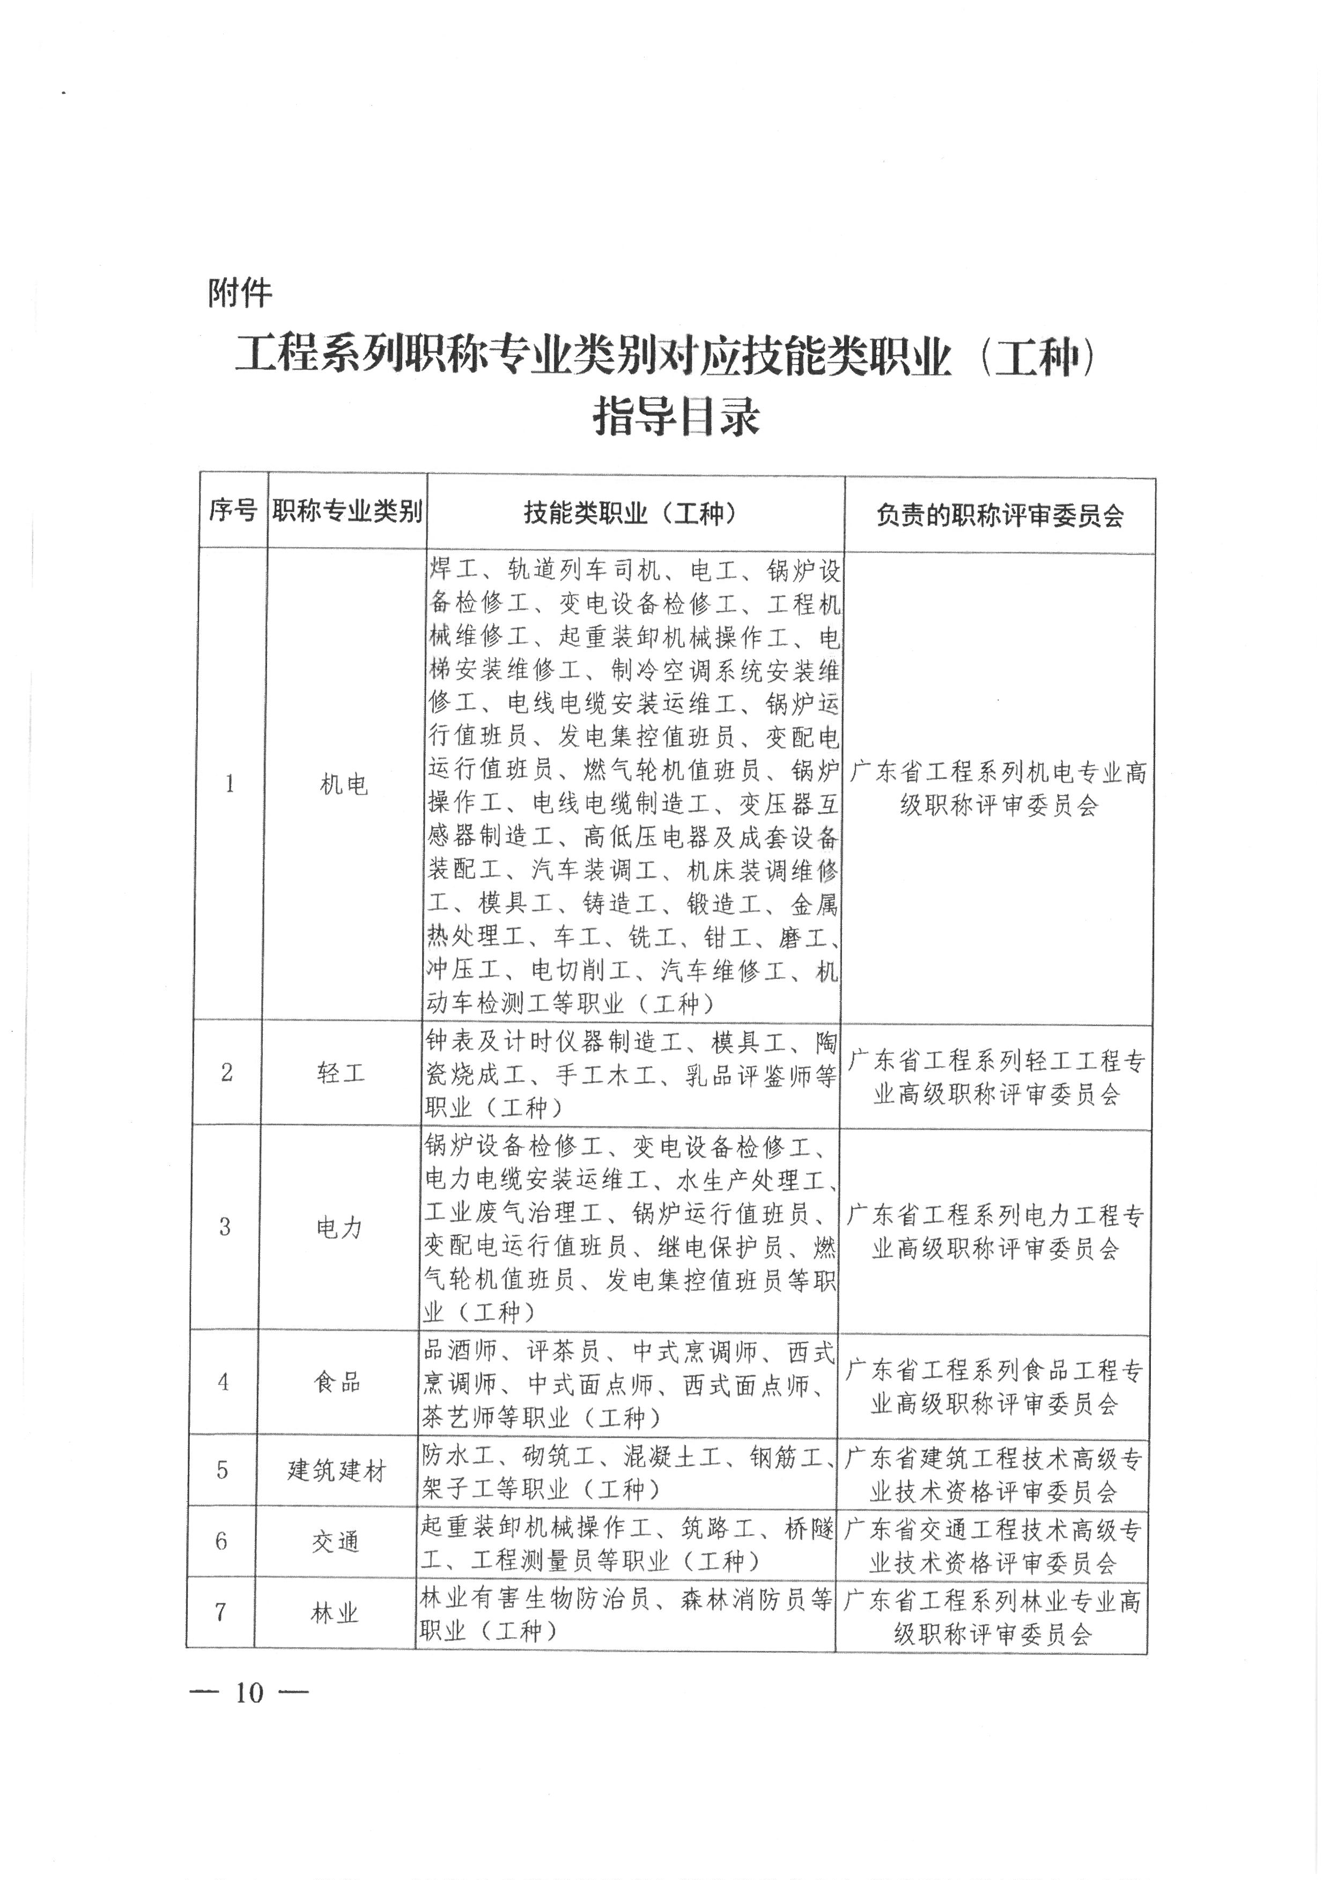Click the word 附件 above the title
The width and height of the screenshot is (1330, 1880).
coord(240,292)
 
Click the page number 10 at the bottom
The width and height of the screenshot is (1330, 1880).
coord(249,1692)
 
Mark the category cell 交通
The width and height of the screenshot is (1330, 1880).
coord(336,1542)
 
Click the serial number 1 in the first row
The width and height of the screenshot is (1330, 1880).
coord(230,784)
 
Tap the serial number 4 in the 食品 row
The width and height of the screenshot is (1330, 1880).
coord(223,1382)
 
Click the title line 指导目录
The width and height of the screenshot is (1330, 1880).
coord(676,416)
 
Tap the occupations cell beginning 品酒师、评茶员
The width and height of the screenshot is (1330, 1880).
coord(627,1383)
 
